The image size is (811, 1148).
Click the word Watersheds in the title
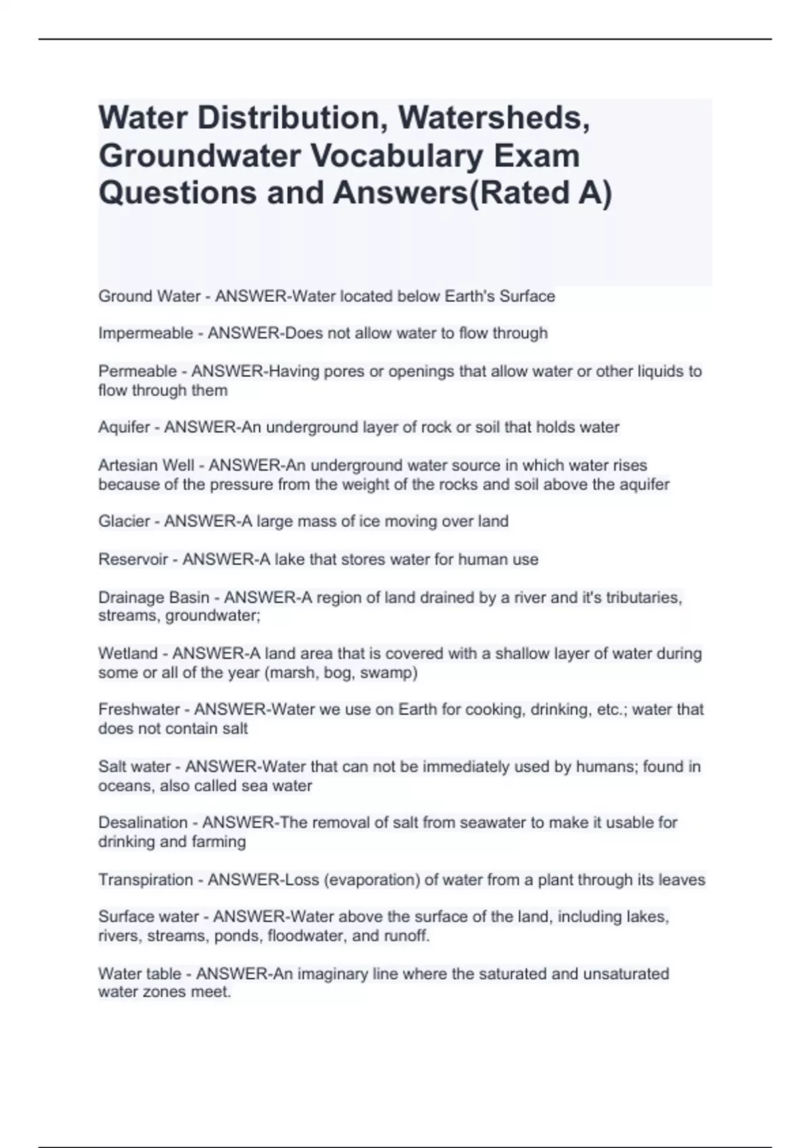click(x=493, y=118)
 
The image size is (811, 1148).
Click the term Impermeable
click(x=145, y=334)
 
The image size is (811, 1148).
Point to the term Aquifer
click(x=124, y=427)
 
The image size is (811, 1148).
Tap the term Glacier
click(x=124, y=521)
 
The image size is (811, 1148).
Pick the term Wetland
click(x=128, y=654)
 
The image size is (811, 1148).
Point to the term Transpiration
click(x=146, y=880)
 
